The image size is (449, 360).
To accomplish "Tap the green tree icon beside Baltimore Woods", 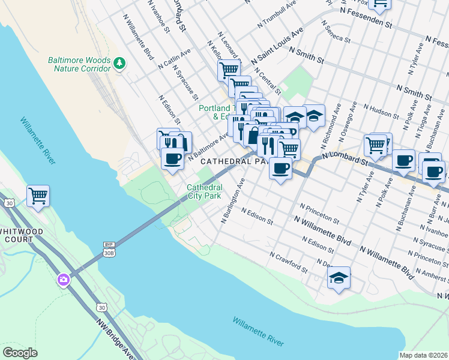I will (119, 63).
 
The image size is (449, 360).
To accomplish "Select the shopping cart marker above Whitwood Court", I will (38, 195).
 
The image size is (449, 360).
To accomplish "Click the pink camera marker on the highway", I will (64, 280).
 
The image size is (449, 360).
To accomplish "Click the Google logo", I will (20, 352).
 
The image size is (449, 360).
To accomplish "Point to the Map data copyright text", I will (423, 355).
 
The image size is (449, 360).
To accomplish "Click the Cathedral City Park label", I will (203, 191).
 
